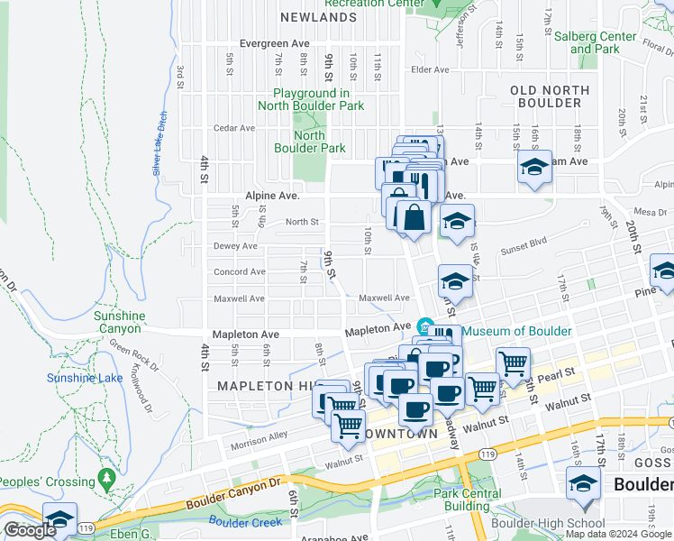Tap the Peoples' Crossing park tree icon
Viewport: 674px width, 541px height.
click(x=107, y=475)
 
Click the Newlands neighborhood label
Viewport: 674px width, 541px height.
click(x=318, y=17)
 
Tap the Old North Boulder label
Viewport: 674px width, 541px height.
click(x=550, y=96)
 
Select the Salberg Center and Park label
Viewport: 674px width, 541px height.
click(x=607, y=42)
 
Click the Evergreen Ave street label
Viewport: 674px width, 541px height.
click(x=275, y=43)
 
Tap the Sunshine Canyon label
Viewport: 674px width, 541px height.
click(x=120, y=322)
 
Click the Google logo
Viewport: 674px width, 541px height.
click(x=30, y=530)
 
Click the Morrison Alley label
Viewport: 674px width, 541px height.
click(x=259, y=436)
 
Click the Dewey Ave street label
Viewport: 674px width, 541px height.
click(x=235, y=246)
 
